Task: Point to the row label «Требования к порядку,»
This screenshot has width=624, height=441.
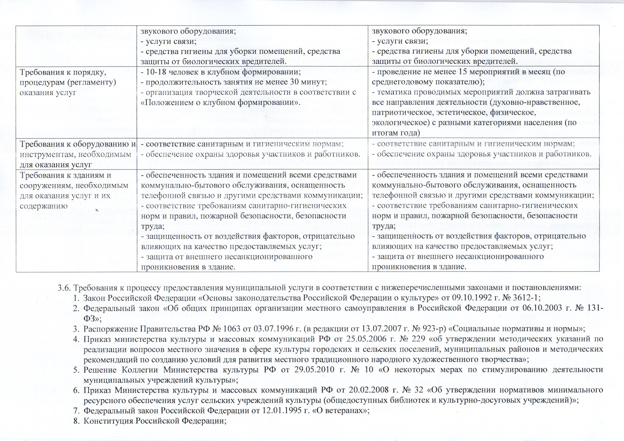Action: [x=63, y=72]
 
